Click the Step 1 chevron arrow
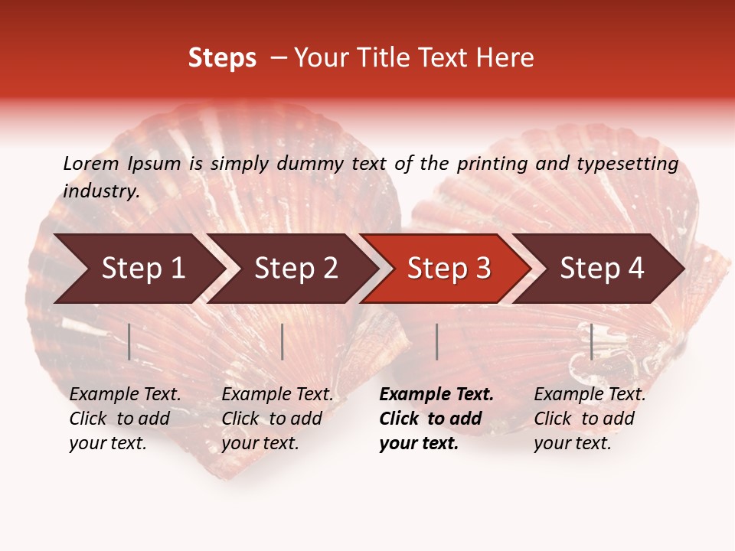138,269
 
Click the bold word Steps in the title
222,58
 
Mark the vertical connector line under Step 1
129,341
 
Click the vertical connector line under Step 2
283,341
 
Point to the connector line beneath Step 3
436,341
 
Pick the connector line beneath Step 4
591,341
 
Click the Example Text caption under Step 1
125,419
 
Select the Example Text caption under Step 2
277,419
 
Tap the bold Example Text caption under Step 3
436,419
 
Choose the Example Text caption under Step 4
589,419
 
